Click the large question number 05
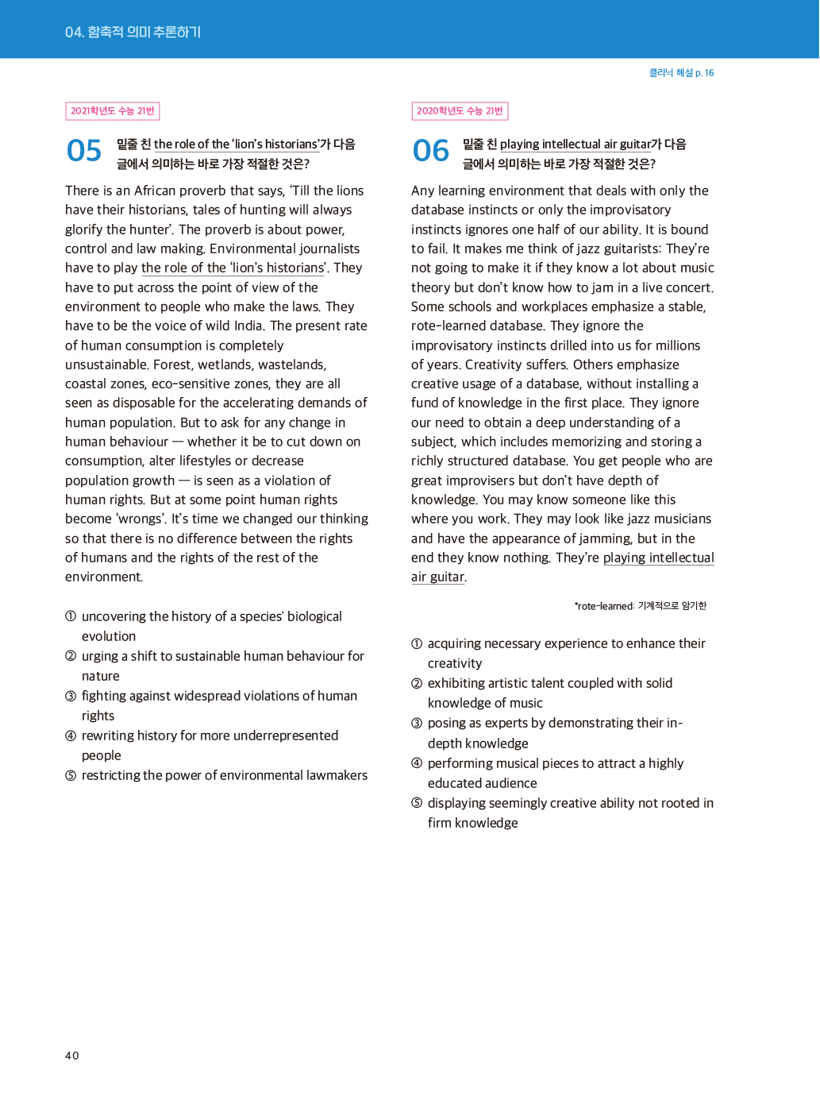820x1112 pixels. point(84,151)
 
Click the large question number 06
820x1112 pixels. point(431,151)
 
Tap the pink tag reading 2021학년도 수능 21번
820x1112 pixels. point(113,111)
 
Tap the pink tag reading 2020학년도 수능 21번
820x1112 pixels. point(460,111)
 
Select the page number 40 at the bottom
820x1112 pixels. point(72,1056)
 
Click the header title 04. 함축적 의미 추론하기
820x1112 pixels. point(133,32)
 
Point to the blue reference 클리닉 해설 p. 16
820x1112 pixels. point(681,73)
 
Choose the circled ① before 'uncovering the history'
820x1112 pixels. point(71,616)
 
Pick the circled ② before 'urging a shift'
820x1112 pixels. point(71,656)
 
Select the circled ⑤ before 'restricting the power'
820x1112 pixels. point(71,775)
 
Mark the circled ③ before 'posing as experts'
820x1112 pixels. point(417,723)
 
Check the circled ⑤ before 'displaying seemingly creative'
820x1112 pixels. point(417,803)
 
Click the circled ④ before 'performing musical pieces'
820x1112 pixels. point(417,763)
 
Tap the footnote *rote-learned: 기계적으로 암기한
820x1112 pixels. point(640,606)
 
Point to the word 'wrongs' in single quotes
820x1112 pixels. point(140,519)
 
